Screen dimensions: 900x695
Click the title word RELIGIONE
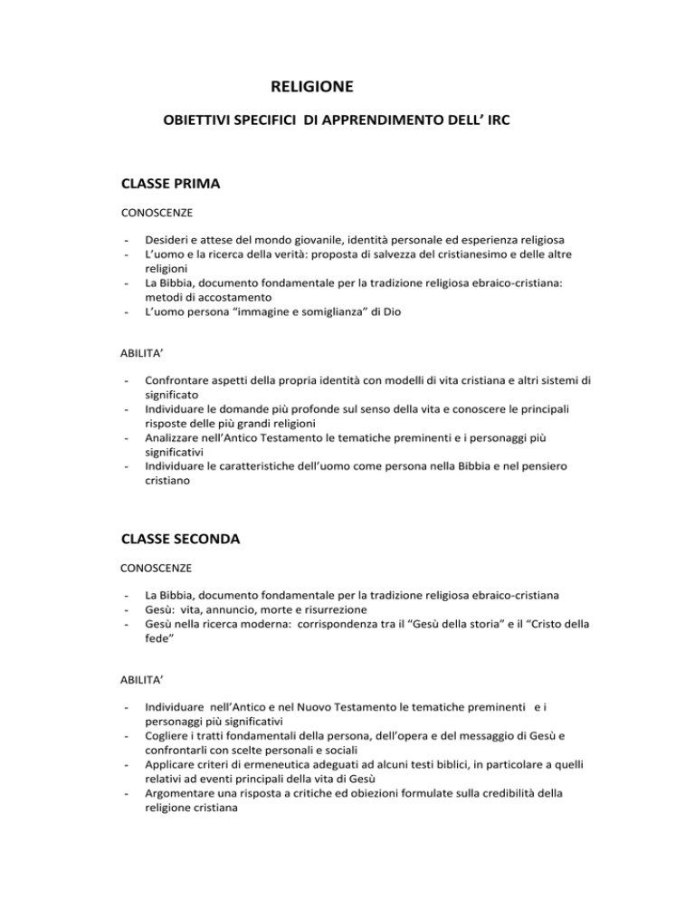[312, 88]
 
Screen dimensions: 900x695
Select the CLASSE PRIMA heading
[171, 184]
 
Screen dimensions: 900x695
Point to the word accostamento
[218, 296]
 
